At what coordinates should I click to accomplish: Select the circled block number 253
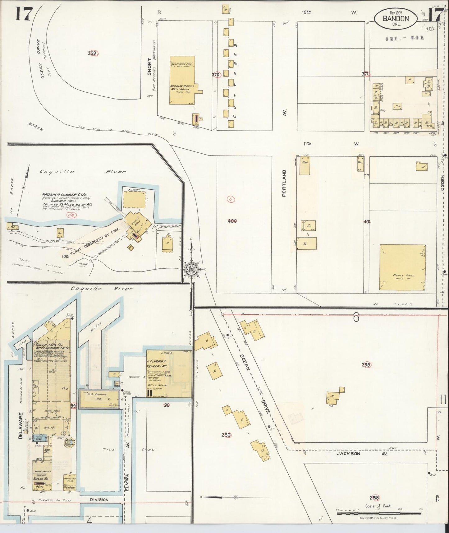click(226, 435)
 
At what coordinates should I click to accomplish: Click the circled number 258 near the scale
click(375, 498)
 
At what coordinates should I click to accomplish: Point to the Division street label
click(99, 500)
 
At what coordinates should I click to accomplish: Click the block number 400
click(232, 221)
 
